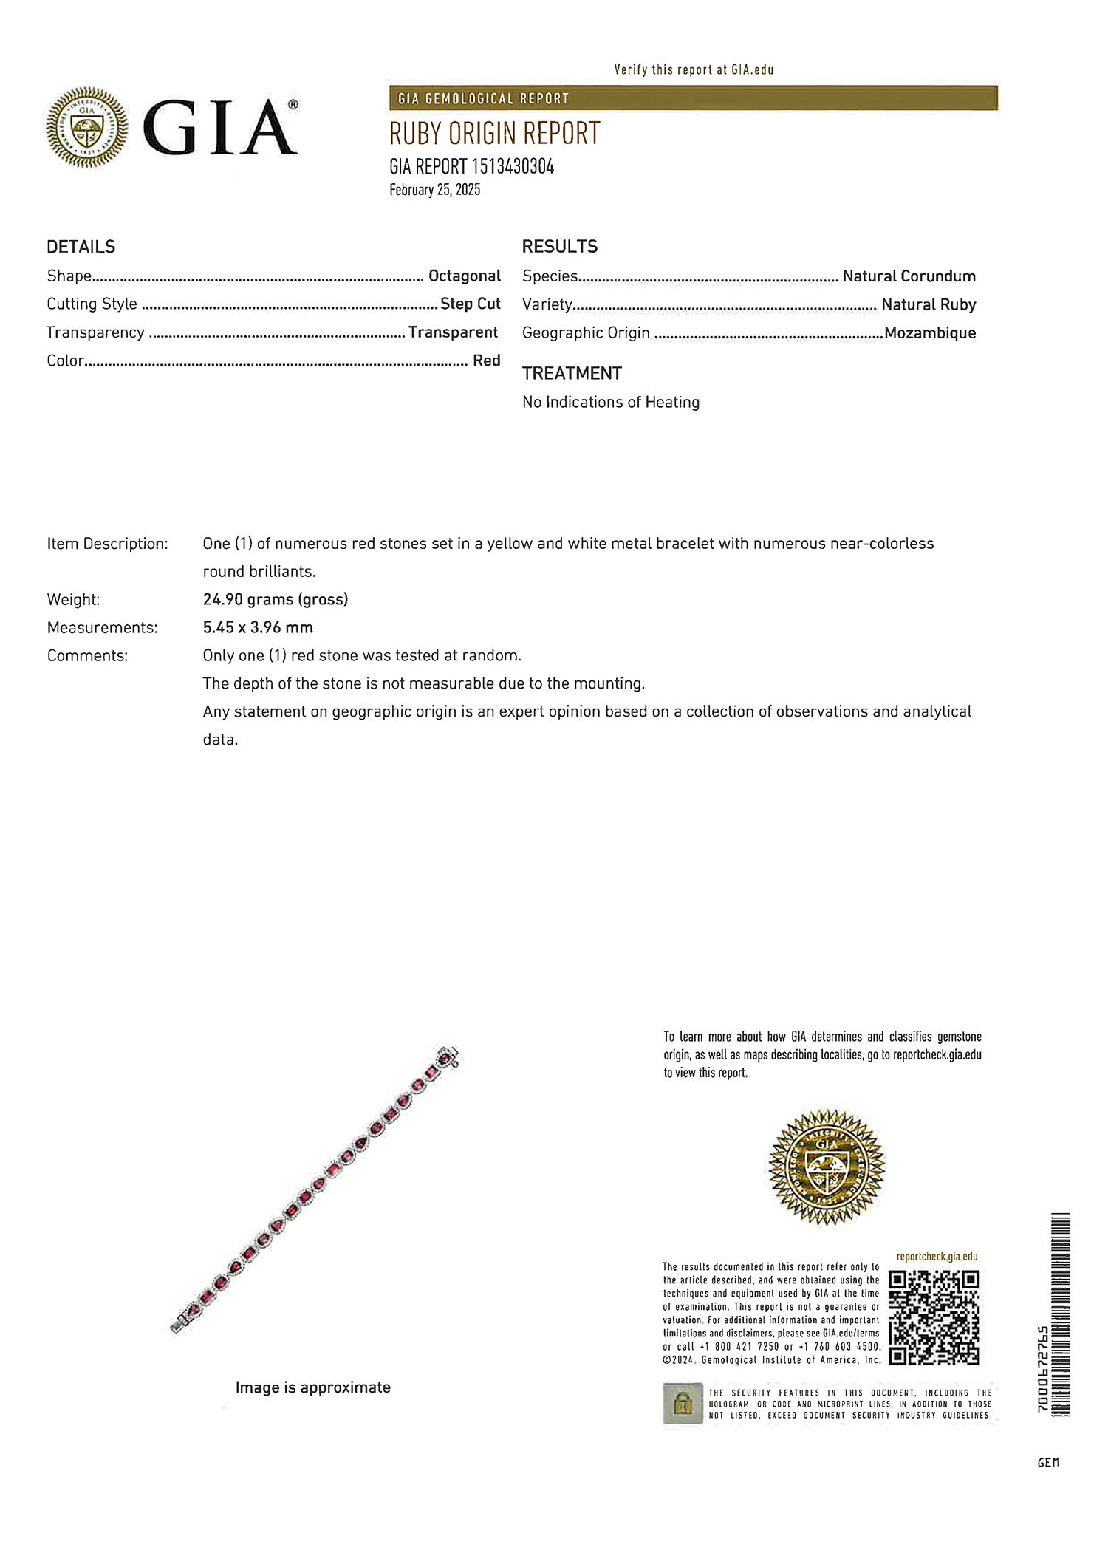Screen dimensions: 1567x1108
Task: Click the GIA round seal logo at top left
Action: [x=87, y=127]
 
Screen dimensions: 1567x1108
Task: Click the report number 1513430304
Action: [x=512, y=167]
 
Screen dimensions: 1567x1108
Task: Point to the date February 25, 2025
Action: [x=434, y=190]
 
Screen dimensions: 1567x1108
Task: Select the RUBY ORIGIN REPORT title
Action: [x=494, y=134]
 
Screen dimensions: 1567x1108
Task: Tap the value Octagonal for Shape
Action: [x=464, y=276]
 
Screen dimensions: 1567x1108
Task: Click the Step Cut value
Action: [x=470, y=304]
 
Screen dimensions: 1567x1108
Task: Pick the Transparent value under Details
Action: [x=453, y=332]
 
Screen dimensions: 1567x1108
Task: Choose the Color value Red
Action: [x=486, y=361]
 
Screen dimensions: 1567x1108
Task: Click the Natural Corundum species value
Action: [x=909, y=276]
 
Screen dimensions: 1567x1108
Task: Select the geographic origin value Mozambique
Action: [x=929, y=333]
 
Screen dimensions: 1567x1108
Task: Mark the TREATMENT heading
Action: [x=572, y=374]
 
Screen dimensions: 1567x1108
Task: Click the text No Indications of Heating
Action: [x=610, y=403]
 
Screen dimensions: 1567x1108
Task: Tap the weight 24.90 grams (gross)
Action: [x=275, y=600]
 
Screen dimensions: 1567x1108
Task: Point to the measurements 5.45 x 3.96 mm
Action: [x=258, y=628]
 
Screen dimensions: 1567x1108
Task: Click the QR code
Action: [x=934, y=1317]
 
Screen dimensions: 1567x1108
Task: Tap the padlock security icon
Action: [x=682, y=1403]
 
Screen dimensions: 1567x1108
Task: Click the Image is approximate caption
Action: [x=312, y=1387]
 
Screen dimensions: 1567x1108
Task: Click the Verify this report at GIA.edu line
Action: [x=694, y=70]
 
